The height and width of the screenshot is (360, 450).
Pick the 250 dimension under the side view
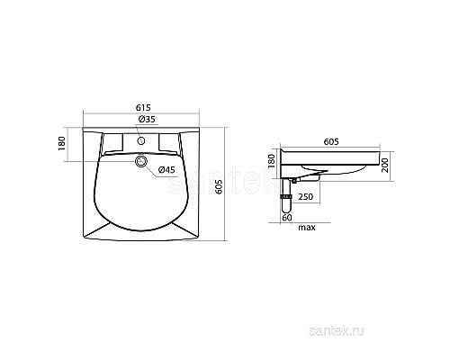coord(306,196)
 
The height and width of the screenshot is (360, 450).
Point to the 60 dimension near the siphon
coord(285,216)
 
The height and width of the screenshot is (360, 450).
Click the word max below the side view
coord(306,228)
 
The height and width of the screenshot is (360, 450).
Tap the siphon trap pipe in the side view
coord(285,200)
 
